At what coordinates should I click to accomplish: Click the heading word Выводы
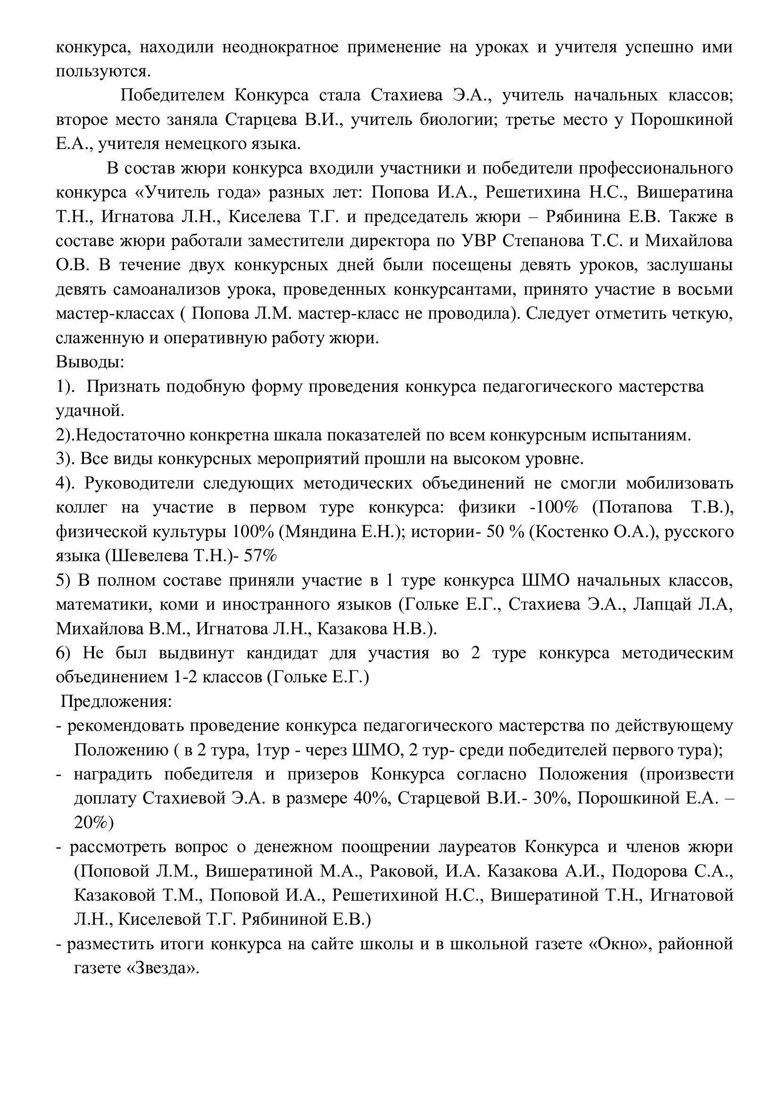pos(89,362)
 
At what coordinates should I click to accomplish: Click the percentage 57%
pos(261,556)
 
